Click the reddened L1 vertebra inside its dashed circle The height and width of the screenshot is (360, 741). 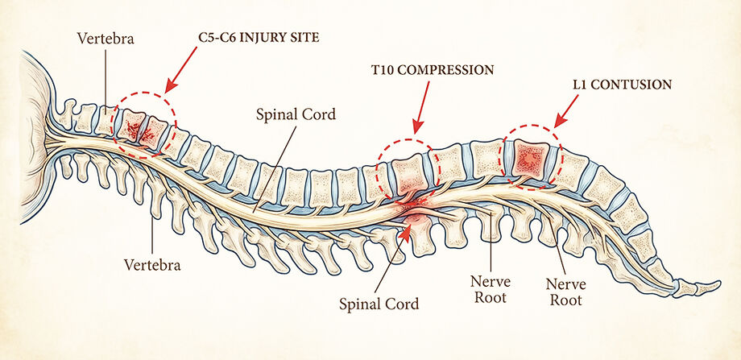coord(529,159)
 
